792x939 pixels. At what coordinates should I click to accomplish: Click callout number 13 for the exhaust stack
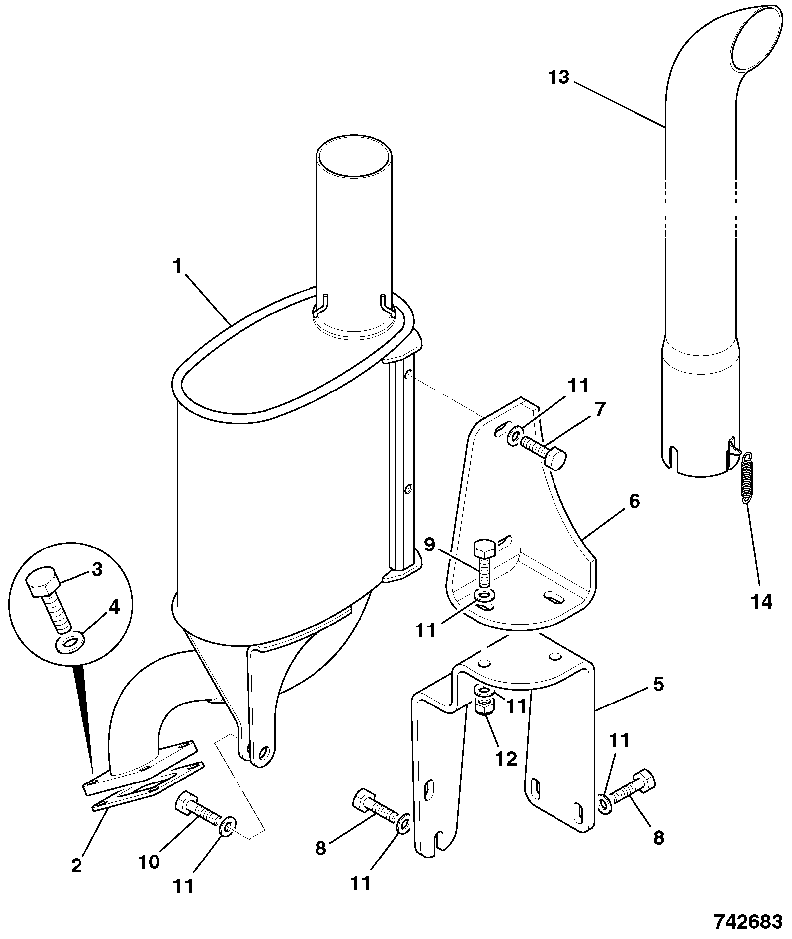tap(559, 78)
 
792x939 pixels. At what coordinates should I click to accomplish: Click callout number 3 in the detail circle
tap(97, 569)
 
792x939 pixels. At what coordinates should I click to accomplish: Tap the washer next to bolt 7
tap(514, 435)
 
